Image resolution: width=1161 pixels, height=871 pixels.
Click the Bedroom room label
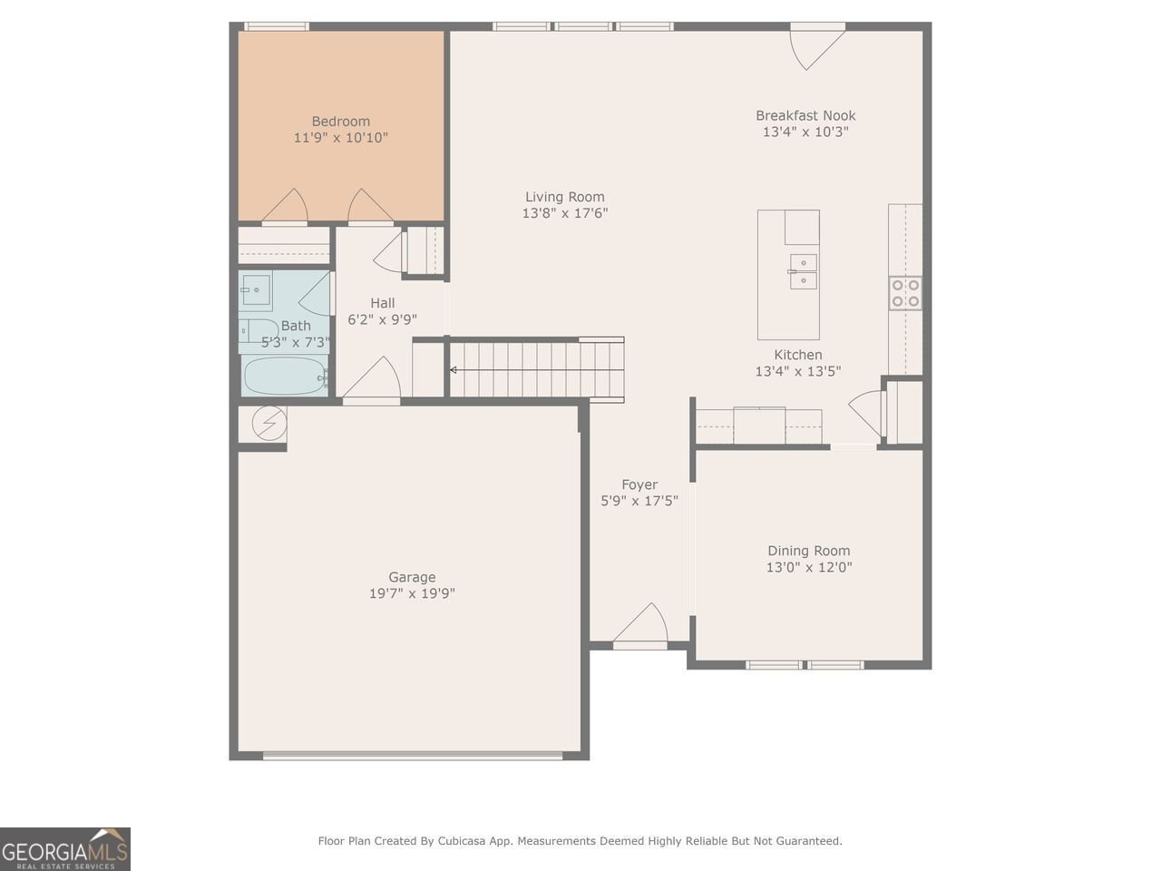341,122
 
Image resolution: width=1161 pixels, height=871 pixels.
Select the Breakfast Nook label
805,115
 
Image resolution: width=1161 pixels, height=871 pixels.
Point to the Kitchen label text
798,355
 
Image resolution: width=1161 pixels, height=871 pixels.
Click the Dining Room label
809,551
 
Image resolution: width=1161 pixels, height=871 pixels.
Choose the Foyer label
639,484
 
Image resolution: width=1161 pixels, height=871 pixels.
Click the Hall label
382,303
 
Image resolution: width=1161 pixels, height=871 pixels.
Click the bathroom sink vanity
257,292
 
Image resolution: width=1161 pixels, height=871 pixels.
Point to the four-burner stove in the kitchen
905,293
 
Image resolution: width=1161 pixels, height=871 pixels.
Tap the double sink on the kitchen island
802,271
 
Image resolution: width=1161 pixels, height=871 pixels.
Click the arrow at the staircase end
454,370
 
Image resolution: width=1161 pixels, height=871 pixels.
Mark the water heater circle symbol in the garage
268,424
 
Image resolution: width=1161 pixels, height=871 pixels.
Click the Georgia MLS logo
65,849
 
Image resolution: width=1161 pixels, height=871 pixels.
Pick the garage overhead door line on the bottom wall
422,754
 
